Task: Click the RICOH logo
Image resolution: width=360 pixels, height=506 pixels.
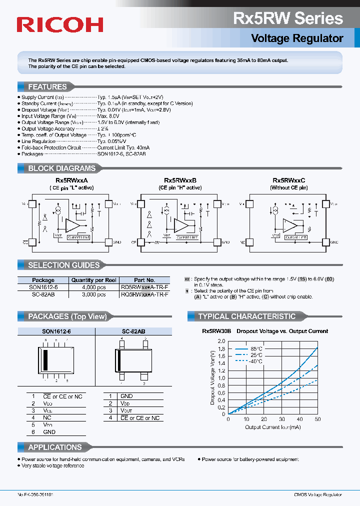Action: point(60,24)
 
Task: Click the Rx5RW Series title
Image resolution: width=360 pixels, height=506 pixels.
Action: point(288,18)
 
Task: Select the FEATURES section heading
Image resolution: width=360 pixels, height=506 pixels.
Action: point(47,86)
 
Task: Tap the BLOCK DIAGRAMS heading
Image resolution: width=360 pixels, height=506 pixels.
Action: point(61,168)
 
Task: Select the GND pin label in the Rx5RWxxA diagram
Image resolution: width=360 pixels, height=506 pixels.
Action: point(117,241)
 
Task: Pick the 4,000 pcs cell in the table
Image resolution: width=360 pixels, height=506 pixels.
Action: point(94,287)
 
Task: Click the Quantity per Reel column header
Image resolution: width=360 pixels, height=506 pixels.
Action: point(94,280)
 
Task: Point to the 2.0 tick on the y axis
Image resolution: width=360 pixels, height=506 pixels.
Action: point(221,341)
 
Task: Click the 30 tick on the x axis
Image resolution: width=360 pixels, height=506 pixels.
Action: point(282,419)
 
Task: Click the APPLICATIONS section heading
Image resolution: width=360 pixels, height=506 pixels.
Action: point(54,447)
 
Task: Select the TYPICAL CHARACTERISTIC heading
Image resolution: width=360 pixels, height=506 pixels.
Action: point(246,316)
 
